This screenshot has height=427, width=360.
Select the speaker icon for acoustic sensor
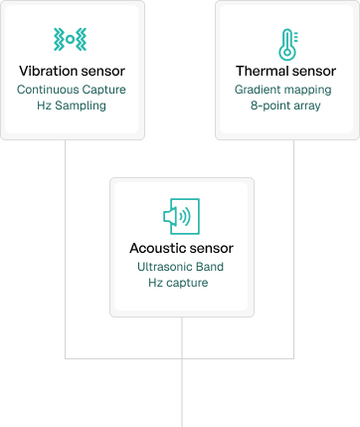181,216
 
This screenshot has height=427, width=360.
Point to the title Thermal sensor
285,72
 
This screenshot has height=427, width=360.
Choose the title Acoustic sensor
181,247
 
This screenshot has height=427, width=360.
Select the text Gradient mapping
285,89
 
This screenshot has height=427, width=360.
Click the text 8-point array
285,105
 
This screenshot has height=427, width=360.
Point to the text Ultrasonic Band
181,266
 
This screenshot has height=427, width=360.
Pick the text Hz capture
181,283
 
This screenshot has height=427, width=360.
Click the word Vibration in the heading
47,72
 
